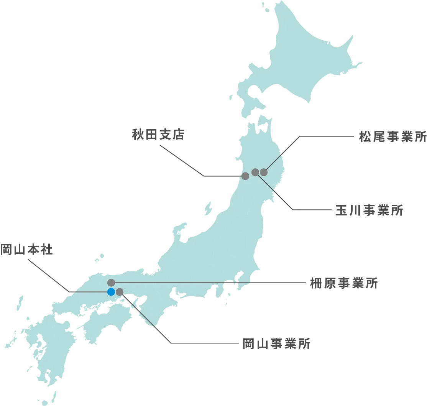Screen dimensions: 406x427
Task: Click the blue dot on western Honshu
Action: click(111, 292)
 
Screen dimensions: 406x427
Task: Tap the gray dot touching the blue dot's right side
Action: click(120, 292)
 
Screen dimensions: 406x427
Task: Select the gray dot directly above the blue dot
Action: click(111, 283)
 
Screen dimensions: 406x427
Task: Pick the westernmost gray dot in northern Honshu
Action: click(245, 176)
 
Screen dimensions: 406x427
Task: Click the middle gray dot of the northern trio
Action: click(255, 172)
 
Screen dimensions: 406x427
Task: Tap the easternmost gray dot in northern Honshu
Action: click(263, 172)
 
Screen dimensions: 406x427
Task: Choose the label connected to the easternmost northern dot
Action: click(392, 136)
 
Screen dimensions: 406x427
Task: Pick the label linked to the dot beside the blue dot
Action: click(276, 343)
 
